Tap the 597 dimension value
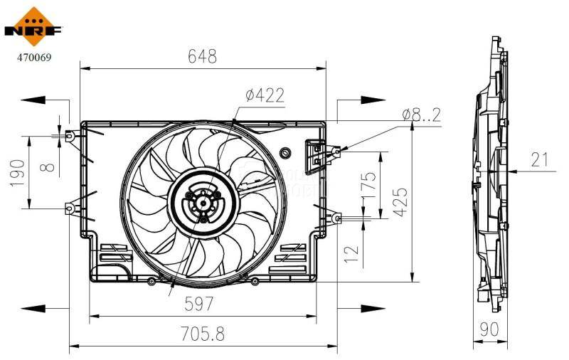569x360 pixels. point(199,304)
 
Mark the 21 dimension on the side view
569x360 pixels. point(541,159)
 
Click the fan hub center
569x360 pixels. point(203,204)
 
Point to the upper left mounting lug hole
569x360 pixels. point(70,135)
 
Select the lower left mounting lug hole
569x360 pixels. point(70,208)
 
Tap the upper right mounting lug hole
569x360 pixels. point(337,151)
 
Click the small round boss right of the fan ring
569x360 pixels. point(286,152)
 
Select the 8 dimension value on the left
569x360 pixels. point(47,167)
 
